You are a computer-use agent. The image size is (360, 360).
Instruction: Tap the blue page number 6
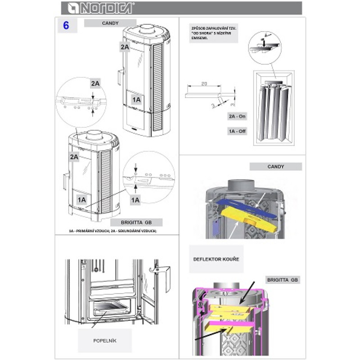[x=66, y=26]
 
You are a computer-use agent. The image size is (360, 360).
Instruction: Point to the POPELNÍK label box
[x=105, y=341]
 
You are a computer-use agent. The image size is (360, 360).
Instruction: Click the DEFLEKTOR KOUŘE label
[x=216, y=259]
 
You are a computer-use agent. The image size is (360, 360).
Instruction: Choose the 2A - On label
[x=238, y=116]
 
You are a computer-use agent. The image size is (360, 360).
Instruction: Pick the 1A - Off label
[x=238, y=132]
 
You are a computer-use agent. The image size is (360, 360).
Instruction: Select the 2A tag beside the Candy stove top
[x=125, y=46]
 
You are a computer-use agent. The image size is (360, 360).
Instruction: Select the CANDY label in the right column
[x=275, y=166]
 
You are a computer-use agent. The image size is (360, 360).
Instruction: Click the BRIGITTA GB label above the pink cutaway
[x=283, y=279]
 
